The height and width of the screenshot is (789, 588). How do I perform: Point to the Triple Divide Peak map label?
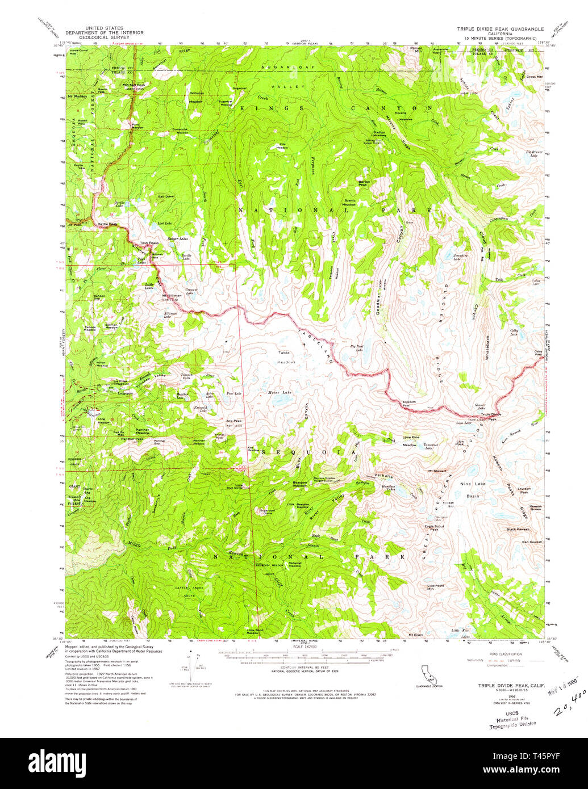pyautogui.click(x=491, y=416)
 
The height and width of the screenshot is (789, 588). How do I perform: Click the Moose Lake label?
pyautogui.click(x=279, y=392)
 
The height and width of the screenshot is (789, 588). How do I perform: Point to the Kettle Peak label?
pyautogui.click(x=107, y=224)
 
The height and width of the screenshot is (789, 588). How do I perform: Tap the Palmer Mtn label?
pyautogui.click(x=417, y=50)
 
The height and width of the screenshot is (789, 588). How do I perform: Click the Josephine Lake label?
pyautogui.click(x=460, y=257)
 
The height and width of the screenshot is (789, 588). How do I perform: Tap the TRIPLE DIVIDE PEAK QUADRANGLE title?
pyautogui.click(x=501, y=28)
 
